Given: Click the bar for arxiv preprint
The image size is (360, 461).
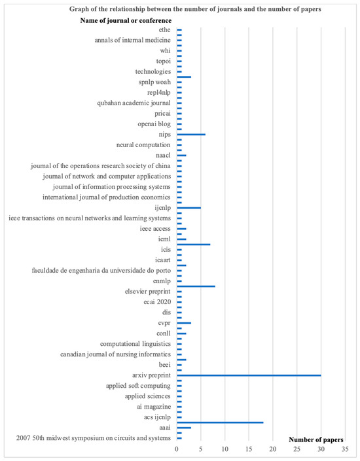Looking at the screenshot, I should coord(249,375).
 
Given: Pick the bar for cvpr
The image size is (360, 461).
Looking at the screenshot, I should coord(184,323).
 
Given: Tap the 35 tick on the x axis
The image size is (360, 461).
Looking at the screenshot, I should coord(345,451).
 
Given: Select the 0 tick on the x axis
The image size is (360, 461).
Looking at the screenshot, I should coord(177,451).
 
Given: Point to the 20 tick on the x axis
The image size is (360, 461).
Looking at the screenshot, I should coord(273,451).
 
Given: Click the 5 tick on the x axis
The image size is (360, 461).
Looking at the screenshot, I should coord(201,451).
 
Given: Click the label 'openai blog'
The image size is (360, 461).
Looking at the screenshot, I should coord(154,124).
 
